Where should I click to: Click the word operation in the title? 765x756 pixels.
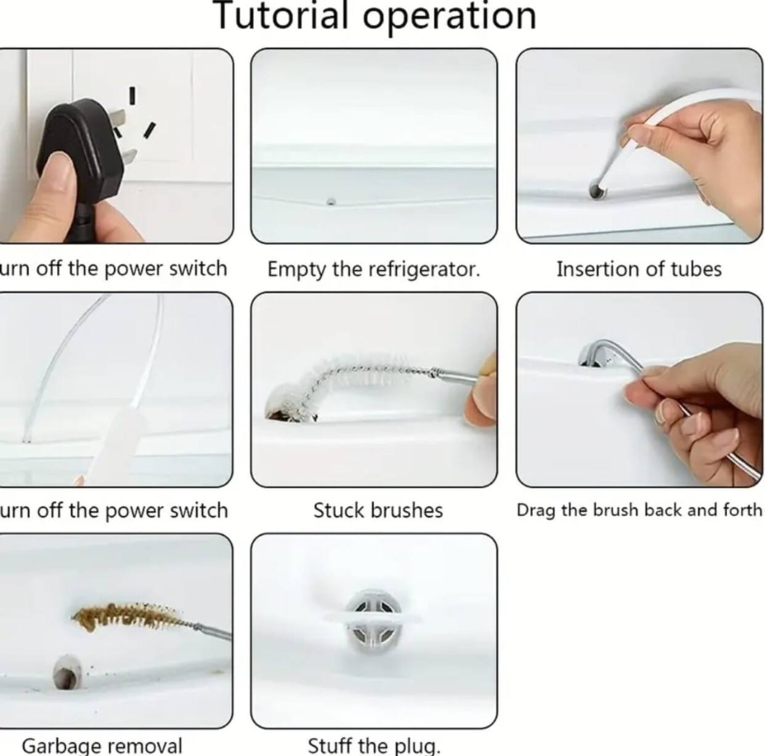click(x=449, y=16)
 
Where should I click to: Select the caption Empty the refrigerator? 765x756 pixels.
click(x=373, y=269)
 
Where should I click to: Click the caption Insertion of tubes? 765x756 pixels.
click(x=639, y=269)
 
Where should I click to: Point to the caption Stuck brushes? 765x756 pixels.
click(x=378, y=510)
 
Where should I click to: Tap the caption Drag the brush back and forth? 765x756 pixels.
click(x=639, y=510)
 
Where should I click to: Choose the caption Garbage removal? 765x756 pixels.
click(x=102, y=746)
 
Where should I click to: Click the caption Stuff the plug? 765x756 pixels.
click(x=374, y=746)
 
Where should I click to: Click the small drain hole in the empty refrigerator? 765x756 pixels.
click(x=331, y=201)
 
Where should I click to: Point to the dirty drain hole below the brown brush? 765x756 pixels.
click(x=67, y=673)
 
